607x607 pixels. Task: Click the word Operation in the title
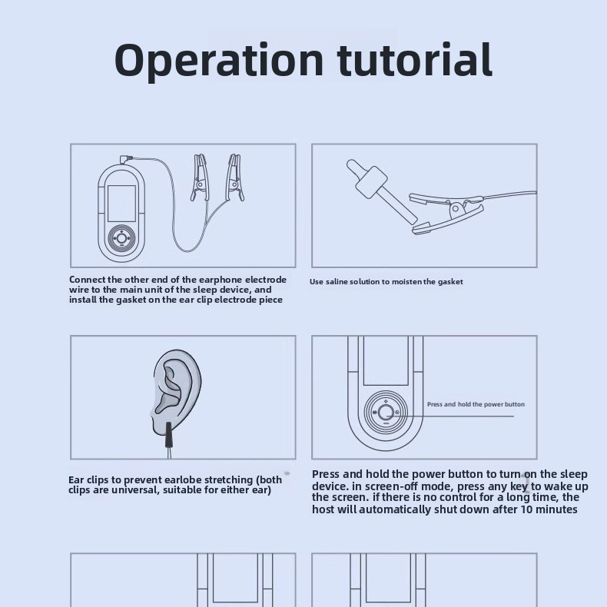pyautogui.click(x=219, y=61)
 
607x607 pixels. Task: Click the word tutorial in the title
pyautogui.click(x=415, y=59)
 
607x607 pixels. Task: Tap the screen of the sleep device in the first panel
pyautogui.click(x=121, y=204)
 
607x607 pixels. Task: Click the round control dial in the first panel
pyautogui.click(x=122, y=237)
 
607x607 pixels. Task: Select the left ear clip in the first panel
pyautogui.click(x=200, y=177)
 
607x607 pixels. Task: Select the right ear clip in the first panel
pyautogui.click(x=234, y=177)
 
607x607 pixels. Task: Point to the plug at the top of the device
pyautogui.click(x=126, y=159)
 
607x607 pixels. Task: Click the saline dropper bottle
pyautogui.click(x=381, y=191)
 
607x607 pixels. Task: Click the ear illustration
pyautogui.click(x=176, y=391)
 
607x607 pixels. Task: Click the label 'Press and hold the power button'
pyautogui.click(x=476, y=404)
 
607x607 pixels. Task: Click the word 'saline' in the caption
pyautogui.click(x=337, y=282)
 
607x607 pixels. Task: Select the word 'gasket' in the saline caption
pyautogui.click(x=450, y=282)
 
